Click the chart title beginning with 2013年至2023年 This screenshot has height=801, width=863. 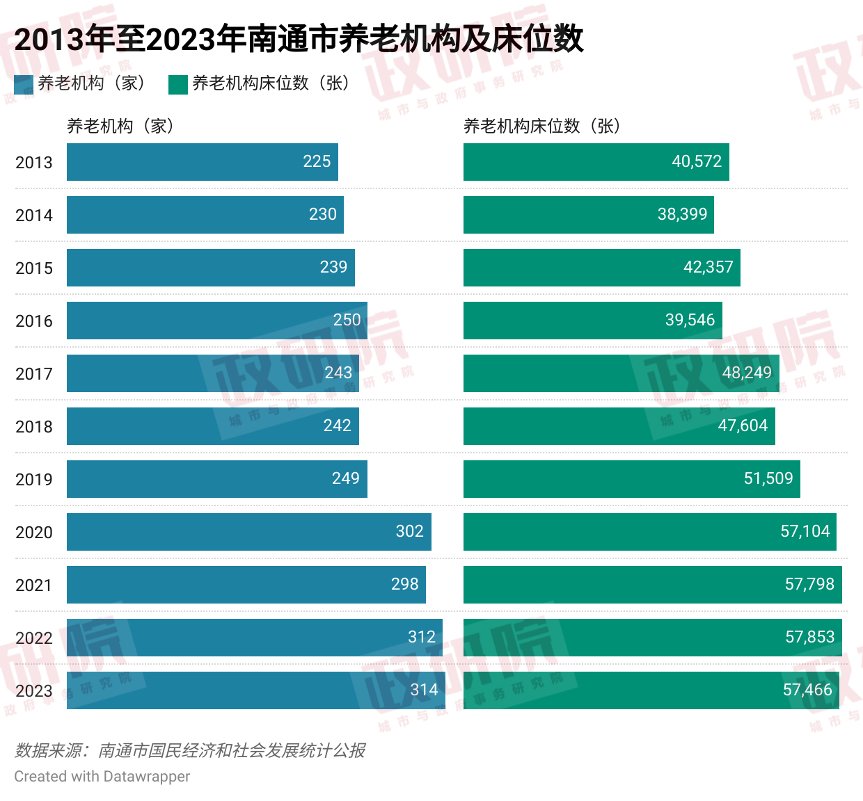[x=299, y=38]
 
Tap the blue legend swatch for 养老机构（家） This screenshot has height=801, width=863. [x=24, y=84]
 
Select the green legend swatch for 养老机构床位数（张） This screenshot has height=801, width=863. [x=178, y=84]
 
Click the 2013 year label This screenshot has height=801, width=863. [x=34, y=162]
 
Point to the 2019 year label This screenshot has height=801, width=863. [x=34, y=479]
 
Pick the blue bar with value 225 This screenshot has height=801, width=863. [x=202, y=162]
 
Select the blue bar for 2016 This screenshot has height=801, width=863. [x=216, y=321]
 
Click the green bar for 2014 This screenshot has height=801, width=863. [x=588, y=215]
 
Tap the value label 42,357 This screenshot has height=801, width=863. [x=708, y=267]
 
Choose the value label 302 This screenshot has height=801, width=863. [x=409, y=531]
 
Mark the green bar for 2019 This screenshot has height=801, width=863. [x=631, y=479]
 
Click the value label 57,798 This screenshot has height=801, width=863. [x=809, y=584]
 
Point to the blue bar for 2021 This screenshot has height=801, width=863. [x=246, y=585]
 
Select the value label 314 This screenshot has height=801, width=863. [x=424, y=690]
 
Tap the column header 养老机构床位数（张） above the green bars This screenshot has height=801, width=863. [x=541, y=126]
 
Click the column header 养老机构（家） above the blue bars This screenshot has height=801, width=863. [x=120, y=126]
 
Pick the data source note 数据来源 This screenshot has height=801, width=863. [x=190, y=750]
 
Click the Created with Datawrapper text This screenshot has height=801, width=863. [x=102, y=777]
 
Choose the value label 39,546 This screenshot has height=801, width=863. [x=690, y=320]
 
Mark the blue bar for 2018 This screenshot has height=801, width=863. [x=212, y=426]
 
